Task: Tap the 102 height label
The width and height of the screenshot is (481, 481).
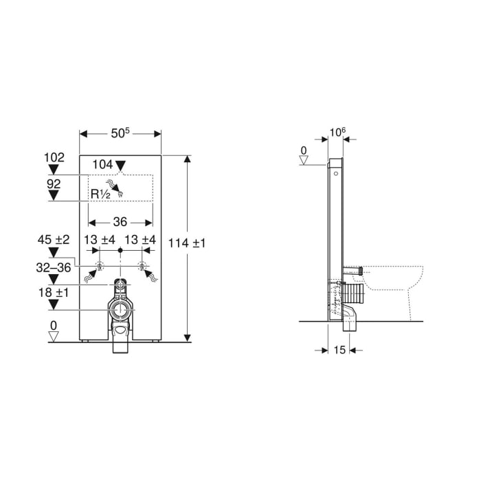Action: pyautogui.click(x=54, y=157)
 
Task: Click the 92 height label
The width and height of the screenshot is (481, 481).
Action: pyautogui.click(x=54, y=183)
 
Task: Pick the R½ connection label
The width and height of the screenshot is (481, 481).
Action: pyautogui.click(x=100, y=194)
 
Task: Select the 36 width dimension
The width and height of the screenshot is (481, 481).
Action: pyautogui.click(x=120, y=222)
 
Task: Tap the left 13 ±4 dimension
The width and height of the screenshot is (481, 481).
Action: pyautogui.click(x=99, y=240)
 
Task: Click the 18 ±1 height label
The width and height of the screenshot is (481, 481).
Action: pyautogui.click(x=54, y=293)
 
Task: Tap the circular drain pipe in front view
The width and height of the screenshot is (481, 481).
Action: pyautogui.click(x=121, y=309)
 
